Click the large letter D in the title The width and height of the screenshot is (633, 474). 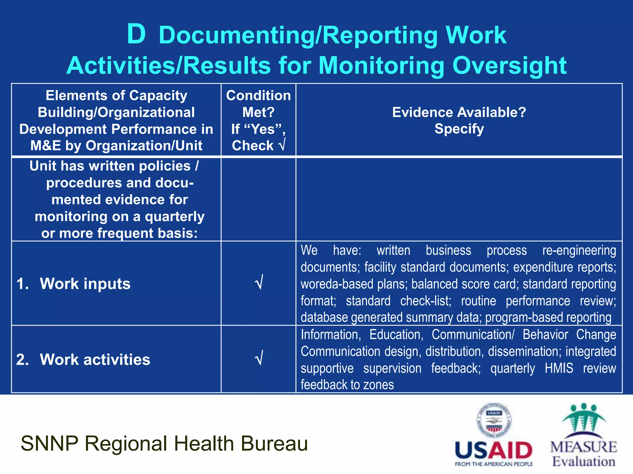[x=136, y=34]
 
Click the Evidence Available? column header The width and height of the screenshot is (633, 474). [x=459, y=112]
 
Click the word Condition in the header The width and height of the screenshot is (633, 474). [x=258, y=95]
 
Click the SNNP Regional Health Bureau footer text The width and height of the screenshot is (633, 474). [x=164, y=443]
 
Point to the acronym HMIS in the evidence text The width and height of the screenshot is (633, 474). [x=559, y=368]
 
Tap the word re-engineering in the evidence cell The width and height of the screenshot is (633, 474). [x=579, y=250]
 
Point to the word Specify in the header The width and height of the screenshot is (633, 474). [x=459, y=129]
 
